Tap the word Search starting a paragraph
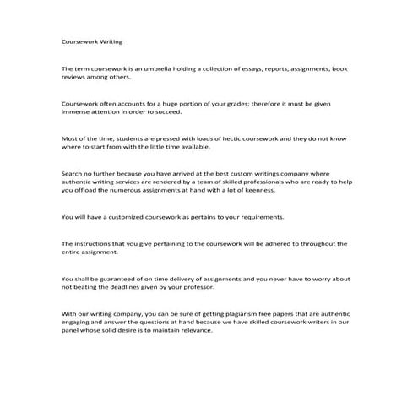point(73,173)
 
